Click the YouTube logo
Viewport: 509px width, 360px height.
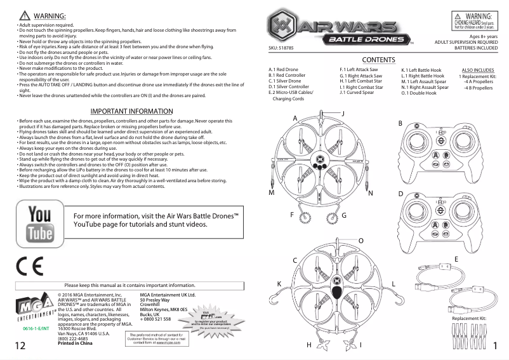[39, 224]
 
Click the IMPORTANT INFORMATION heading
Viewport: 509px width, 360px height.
[132, 111]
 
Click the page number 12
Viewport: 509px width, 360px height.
[20, 345]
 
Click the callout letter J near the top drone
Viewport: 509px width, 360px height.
[343, 113]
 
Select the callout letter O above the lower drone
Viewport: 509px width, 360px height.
[360, 241]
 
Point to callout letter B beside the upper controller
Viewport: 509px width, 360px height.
[400, 123]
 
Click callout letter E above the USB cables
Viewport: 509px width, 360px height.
[456, 259]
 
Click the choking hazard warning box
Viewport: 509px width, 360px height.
[478, 21]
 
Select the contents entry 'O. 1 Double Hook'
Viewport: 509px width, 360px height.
[419, 93]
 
